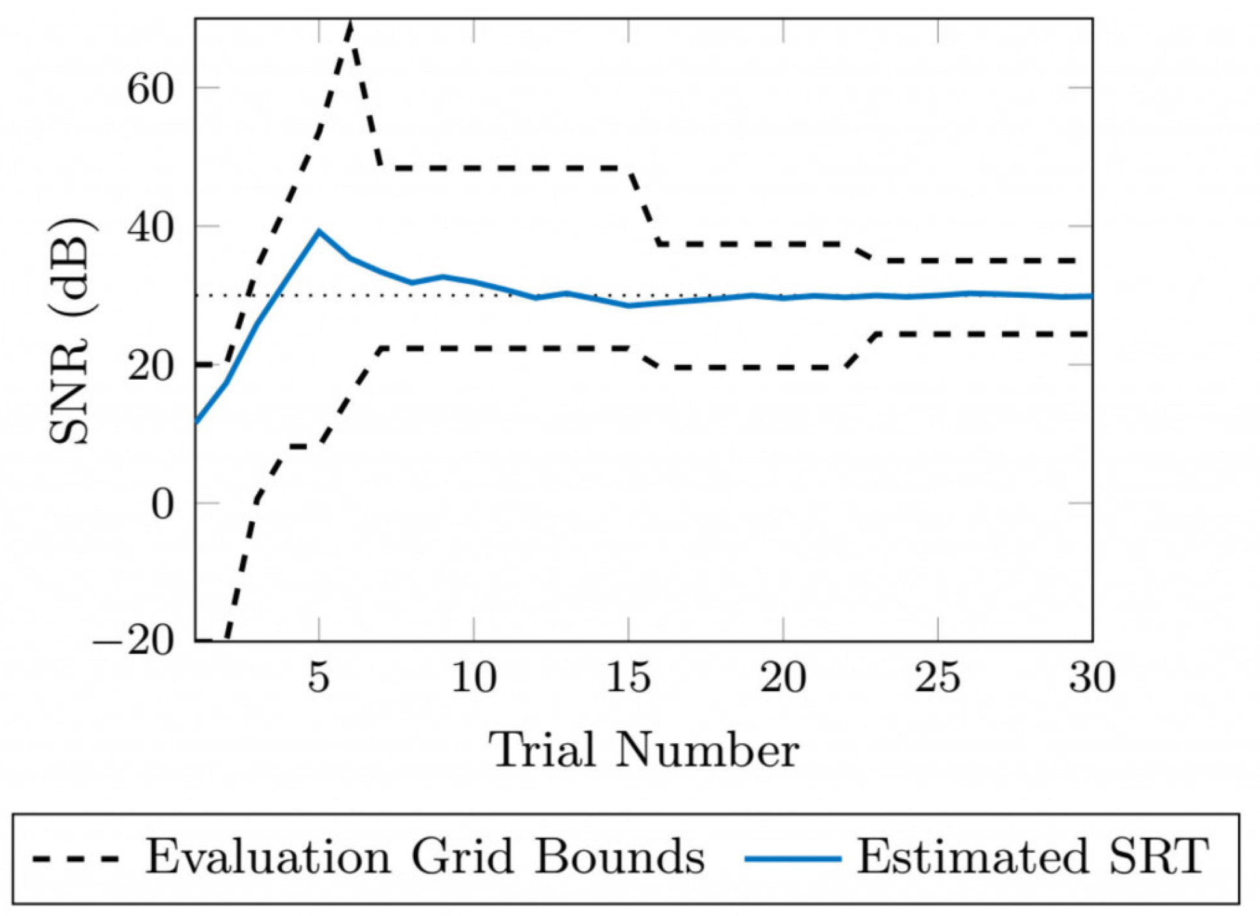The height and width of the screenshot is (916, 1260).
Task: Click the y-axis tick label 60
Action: pyautogui.click(x=150, y=88)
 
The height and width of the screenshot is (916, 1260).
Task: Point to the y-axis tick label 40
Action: pyautogui.click(x=150, y=227)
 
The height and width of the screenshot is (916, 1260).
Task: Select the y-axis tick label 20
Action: pyautogui.click(x=150, y=365)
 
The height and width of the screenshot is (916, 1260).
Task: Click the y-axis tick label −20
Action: pyautogui.click(x=134, y=642)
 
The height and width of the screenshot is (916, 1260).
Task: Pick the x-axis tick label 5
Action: pyautogui.click(x=319, y=677)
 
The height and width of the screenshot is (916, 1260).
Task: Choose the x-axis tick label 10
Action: pyautogui.click(x=474, y=677)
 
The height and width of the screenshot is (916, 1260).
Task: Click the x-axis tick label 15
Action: pyautogui.click(x=628, y=677)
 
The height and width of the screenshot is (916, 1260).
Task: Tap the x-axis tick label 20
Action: pyautogui.click(x=783, y=677)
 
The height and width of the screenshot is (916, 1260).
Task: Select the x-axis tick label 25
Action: pyautogui.click(x=938, y=677)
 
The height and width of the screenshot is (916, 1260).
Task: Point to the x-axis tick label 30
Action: pyautogui.click(x=1092, y=677)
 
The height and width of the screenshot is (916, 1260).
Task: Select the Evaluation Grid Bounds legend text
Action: pyautogui.click(x=425, y=857)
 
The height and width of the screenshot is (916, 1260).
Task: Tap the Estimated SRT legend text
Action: pyautogui.click(x=1032, y=857)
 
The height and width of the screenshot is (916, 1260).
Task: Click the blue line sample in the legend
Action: pyautogui.click(x=792, y=859)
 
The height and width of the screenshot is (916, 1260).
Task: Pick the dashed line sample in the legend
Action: pyautogui.click(x=76, y=859)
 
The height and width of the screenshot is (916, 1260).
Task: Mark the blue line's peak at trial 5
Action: pyautogui.click(x=319, y=231)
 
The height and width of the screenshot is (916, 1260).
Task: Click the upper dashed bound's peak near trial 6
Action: pyautogui.click(x=351, y=22)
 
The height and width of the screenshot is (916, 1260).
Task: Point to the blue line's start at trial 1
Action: pyautogui.click(x=197, y=423)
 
